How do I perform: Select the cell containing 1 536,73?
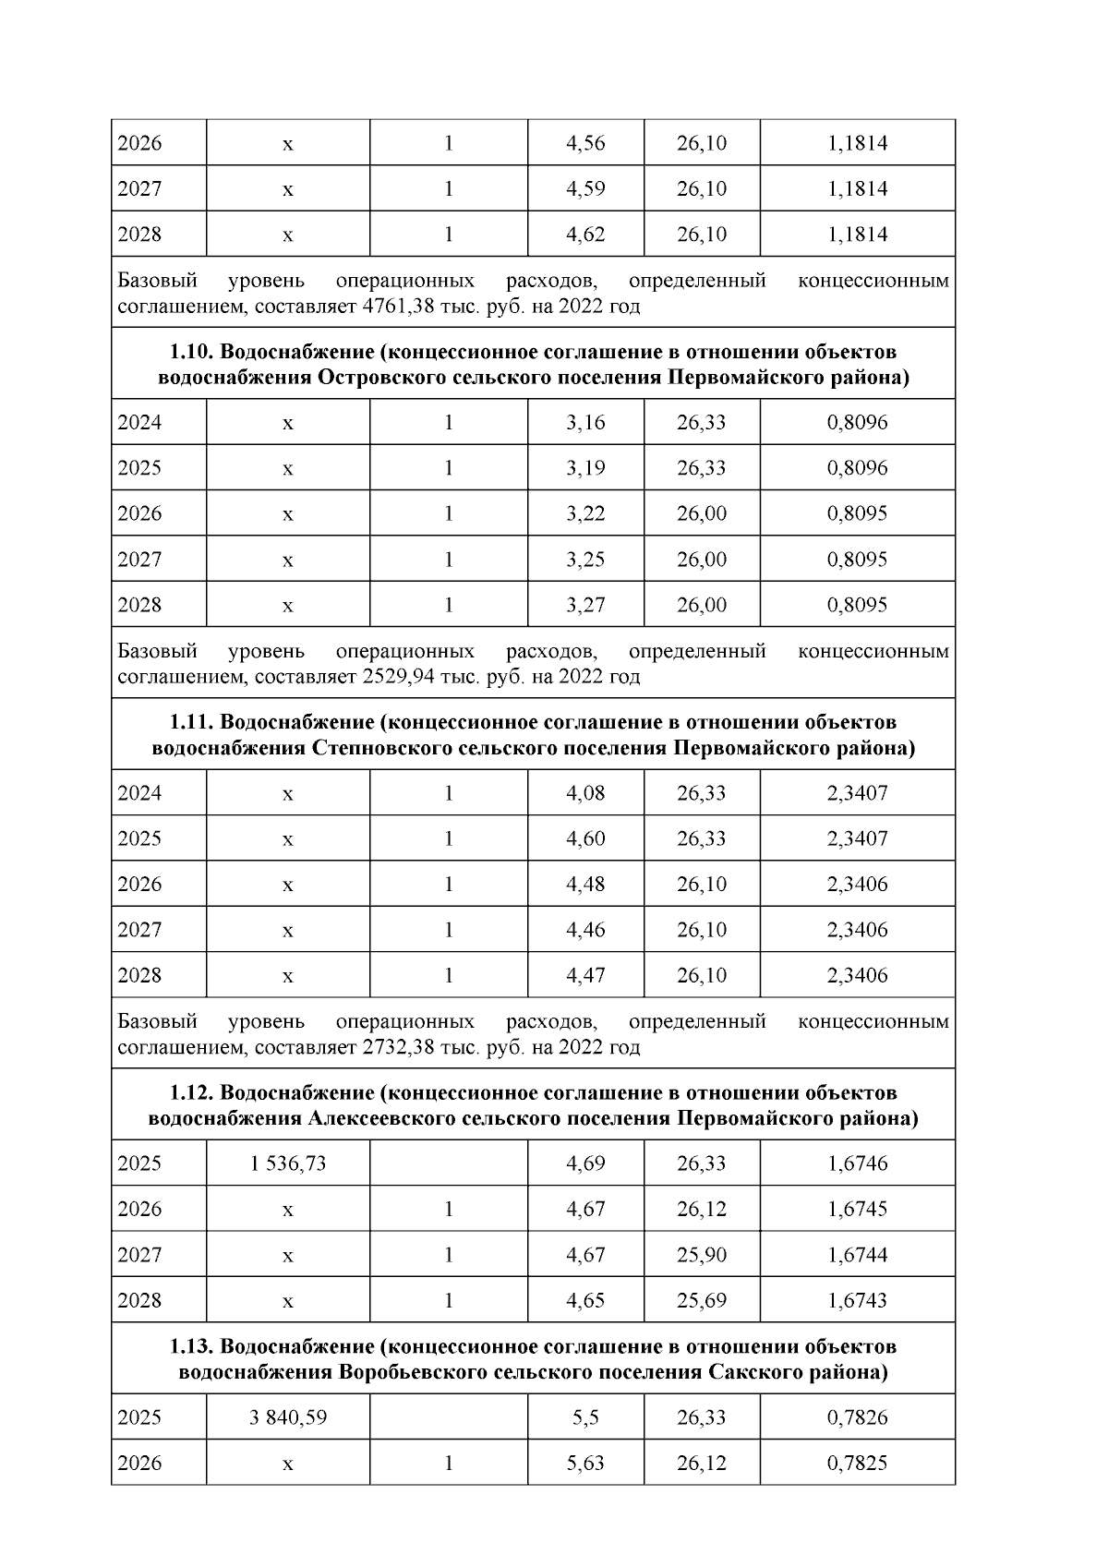click(x=287, y=1163)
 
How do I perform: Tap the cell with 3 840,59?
click(x=287, y=1417)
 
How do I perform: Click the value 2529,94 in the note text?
click(x=397, y=678)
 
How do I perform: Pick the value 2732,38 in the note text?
click(x=397, y=1048)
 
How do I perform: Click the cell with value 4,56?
click(x=584, y=144)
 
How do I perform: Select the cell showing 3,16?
click(x=584, y=423)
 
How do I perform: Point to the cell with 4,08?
click(x=584, y=793)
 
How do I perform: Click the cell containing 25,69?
click(x=701, y=1301)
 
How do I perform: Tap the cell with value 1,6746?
click(x=856, y=1163)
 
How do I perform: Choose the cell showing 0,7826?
click(x=856, y=1417)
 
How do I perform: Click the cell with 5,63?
click(x=584, y=1464)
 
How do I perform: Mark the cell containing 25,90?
click(x=701, y=1255)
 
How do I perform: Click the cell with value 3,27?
click(x=584, y=606)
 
